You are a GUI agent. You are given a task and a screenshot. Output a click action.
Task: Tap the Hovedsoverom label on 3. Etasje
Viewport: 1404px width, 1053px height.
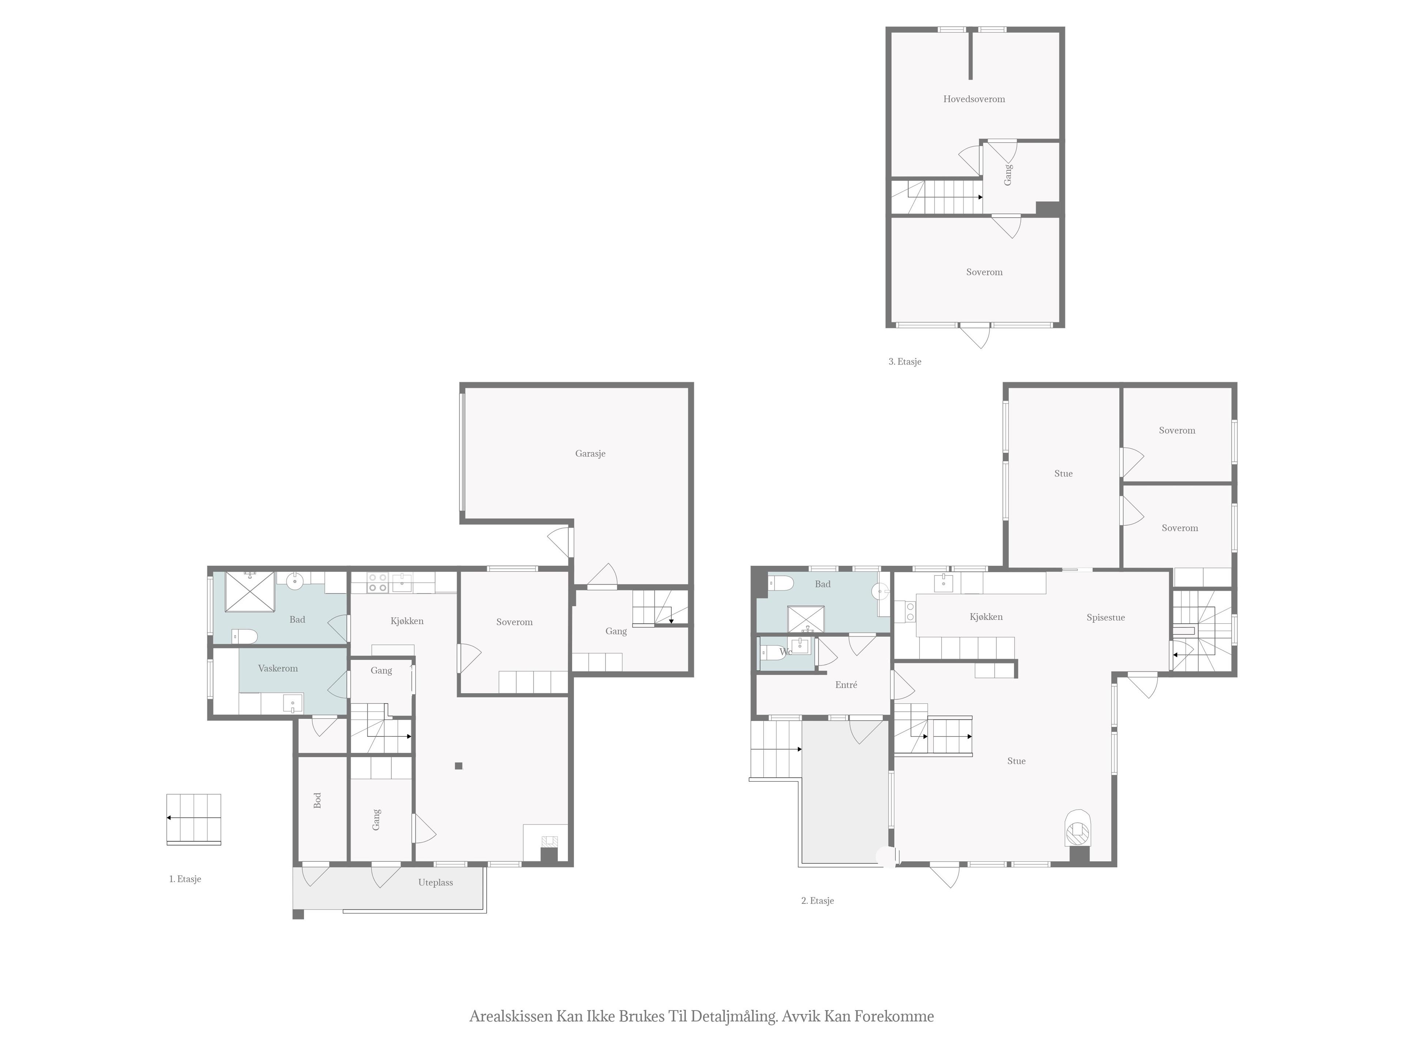point(974,99)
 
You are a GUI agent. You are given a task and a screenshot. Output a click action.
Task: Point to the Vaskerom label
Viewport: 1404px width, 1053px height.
point(278,668)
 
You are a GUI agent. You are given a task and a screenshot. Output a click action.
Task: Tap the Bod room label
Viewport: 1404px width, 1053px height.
point(317,800)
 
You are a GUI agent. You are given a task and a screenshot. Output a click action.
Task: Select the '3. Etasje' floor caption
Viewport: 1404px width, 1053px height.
point(905,362)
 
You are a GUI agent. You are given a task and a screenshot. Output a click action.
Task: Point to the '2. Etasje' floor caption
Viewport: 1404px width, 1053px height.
point(818,901)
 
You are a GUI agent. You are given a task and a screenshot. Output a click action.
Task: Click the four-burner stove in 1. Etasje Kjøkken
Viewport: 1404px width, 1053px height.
point(378,583)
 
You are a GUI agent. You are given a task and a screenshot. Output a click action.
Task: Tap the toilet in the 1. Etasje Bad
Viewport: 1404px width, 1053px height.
point(244,636)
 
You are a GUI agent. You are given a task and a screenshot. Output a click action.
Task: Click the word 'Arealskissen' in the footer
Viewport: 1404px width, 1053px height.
point(511,1016)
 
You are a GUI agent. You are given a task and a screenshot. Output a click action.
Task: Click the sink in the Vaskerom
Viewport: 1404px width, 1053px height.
point(292,703)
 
